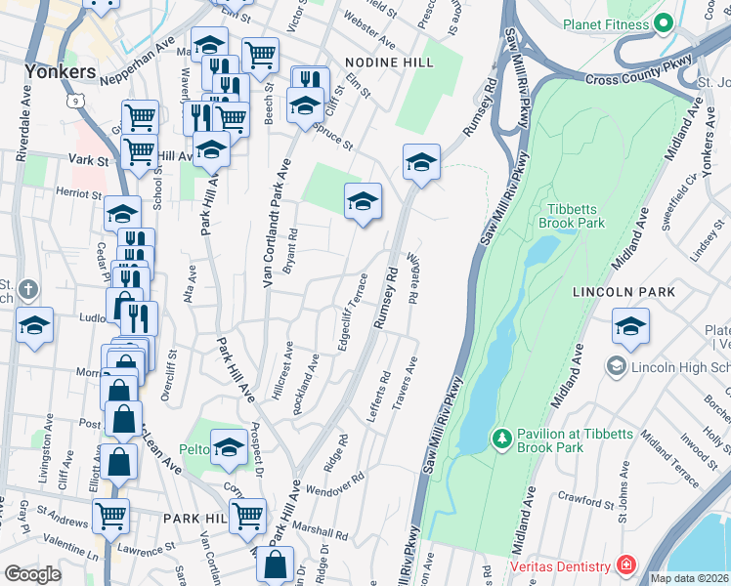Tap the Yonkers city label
(62, 72)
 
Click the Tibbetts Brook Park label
(572, 215)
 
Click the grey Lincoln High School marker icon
(616, 366)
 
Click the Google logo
(32, 573)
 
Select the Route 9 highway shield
(74, 100)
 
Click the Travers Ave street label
(406, 383)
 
